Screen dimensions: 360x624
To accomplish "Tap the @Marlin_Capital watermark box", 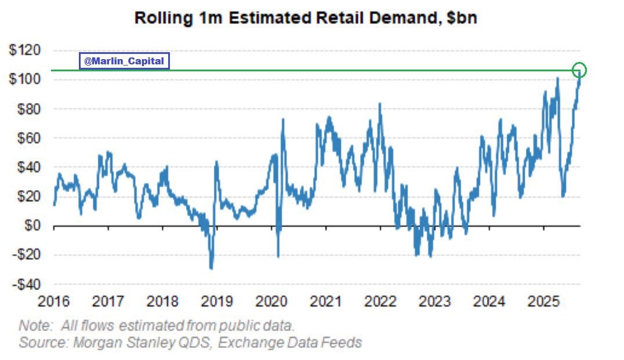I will tap(124, 61).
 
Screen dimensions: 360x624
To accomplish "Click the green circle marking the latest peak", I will tap(579, 70).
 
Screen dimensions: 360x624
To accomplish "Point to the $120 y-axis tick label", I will tap(24, 50).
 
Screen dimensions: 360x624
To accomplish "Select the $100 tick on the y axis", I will tap(24, 79).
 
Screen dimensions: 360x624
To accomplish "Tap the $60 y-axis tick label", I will tap(27, 138).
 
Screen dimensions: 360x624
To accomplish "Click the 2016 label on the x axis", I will tap(53, 301).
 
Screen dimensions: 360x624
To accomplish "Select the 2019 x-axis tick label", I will tap(217, 301).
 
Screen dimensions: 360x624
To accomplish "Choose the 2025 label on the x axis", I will tap(544, 301).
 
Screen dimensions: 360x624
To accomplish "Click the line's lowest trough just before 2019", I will tap(211, 268).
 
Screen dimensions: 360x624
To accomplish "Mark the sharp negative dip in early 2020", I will tap(278, 256).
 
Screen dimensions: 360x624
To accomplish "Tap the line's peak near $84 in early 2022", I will tap(380, 104).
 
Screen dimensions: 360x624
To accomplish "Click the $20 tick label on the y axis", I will tap(27, 197).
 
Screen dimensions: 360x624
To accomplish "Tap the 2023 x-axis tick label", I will tap(435, 301).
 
